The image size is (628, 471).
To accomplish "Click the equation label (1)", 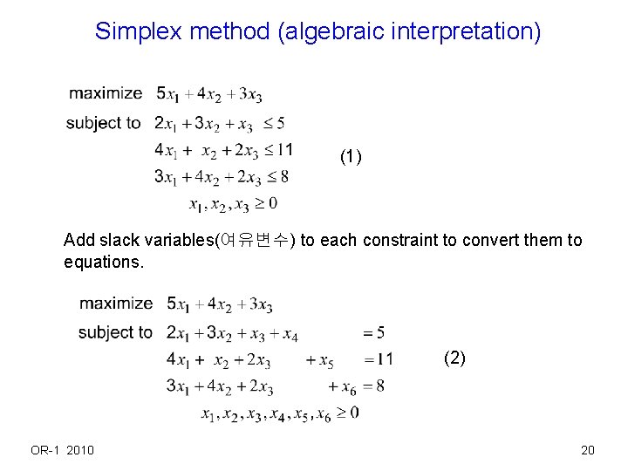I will point(351,157).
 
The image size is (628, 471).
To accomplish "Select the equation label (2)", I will point(454,358).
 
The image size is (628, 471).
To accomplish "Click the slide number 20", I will point(587,450).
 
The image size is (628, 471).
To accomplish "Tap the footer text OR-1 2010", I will point(63,450).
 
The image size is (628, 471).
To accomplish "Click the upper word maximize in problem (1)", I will point(106,93).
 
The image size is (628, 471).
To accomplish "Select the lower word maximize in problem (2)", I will point(116,304).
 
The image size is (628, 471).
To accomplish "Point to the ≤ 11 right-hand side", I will point(279,150).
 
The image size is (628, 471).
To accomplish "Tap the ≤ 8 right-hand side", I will point(278,177).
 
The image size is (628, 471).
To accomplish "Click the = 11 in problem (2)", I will point(378,359).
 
